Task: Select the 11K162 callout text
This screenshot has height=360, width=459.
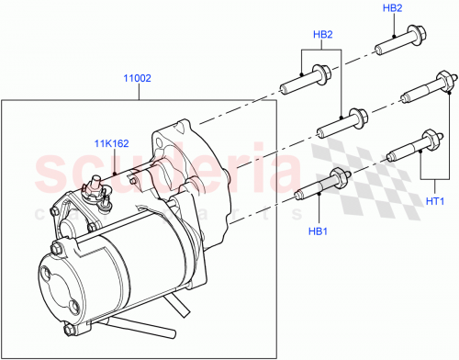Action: [109, 142]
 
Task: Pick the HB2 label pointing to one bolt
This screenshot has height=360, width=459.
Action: [392, 9]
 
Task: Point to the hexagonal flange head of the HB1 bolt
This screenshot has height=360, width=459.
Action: [337, 177]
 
